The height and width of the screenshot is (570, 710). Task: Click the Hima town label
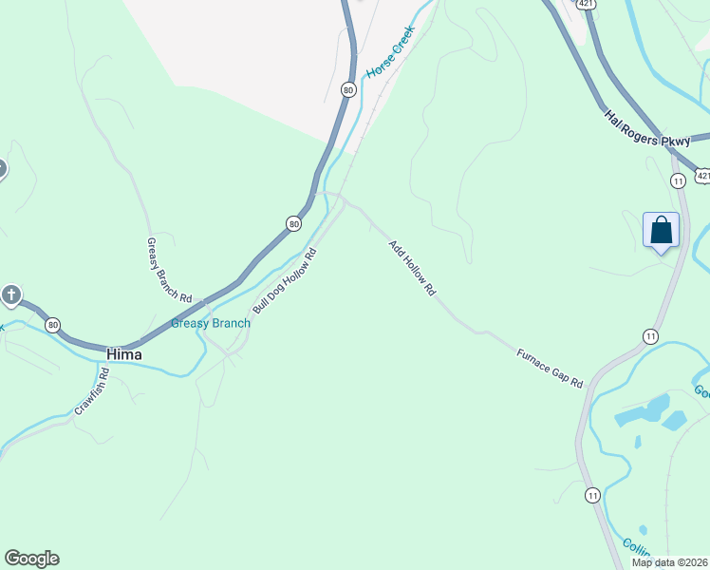point(124,354)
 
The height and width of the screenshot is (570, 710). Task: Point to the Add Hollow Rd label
point(411,268)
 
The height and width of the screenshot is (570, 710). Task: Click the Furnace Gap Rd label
point(550,369)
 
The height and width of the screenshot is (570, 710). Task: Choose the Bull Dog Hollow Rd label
point(284,281)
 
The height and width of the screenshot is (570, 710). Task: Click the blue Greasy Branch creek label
point(211,323)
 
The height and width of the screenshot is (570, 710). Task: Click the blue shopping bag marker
point(662,231)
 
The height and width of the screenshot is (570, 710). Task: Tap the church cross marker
point(11,294)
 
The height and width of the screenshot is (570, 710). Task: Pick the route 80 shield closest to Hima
point(52,324)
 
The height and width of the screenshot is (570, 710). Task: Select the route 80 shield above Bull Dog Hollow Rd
point(294,223)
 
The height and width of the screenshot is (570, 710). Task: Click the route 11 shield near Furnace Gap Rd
point(650,336)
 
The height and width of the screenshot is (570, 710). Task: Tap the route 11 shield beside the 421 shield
point(678,180)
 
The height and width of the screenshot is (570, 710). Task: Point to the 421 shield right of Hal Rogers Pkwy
point(702,176)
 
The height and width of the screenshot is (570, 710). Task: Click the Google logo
point(31,559)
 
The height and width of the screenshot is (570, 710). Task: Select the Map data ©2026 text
point(669,562)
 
